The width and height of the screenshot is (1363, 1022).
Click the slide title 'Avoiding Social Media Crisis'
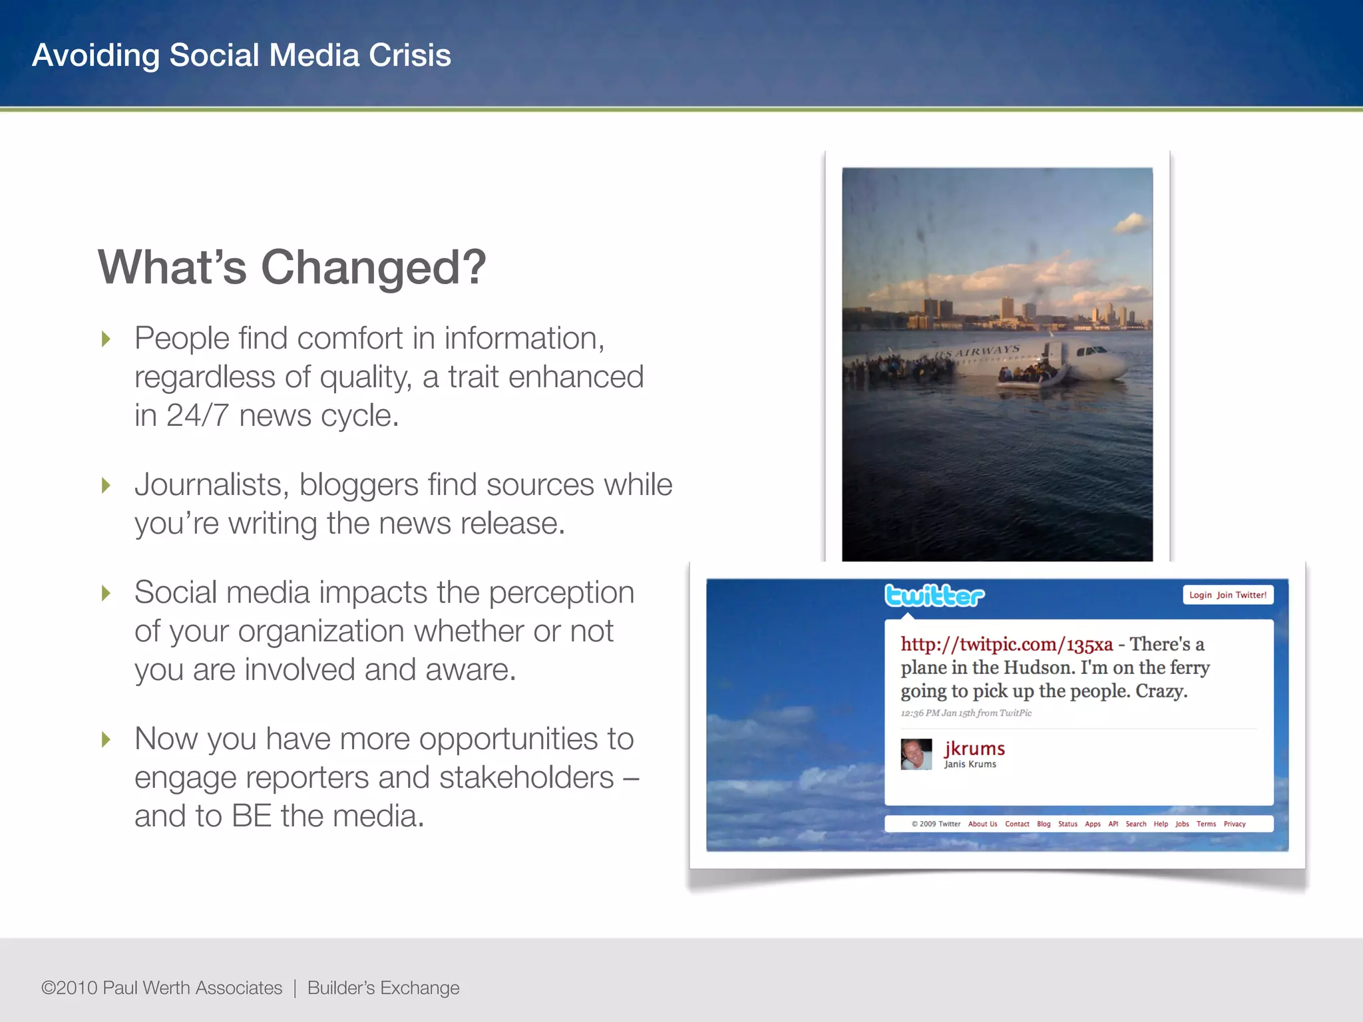[x=242, y=55]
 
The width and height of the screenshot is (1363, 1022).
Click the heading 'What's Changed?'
[x=292, y=267]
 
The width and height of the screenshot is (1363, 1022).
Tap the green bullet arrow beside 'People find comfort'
[x=106, y=339]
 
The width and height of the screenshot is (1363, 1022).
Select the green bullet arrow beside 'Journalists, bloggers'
[x=106, y=486]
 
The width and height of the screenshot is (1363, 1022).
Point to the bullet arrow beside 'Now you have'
[x=106, y=739]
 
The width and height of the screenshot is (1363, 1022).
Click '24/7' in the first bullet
[x=198, y=416]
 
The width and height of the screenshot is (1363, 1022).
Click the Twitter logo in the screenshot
[x=934, y=596]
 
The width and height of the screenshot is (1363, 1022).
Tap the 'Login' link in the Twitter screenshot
[x=1200, y=595]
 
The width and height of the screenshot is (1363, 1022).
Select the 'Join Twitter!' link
[x=1242, y=595]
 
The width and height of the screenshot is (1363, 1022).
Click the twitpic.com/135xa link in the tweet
[x=1006, y=644]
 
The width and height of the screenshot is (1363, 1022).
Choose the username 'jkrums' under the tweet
[x=974, y=749]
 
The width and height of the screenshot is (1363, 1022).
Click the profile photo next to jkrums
[x=916, y=754]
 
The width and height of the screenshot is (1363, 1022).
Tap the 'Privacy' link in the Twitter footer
[x=1235, y=824]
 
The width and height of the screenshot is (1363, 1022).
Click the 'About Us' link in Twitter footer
[x=982, y=824]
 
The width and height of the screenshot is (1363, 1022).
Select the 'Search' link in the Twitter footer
[x=1136, y=824]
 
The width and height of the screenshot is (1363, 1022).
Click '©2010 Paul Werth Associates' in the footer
[x=162, y=988]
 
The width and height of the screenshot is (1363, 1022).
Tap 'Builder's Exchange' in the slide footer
[x=383, y=988]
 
